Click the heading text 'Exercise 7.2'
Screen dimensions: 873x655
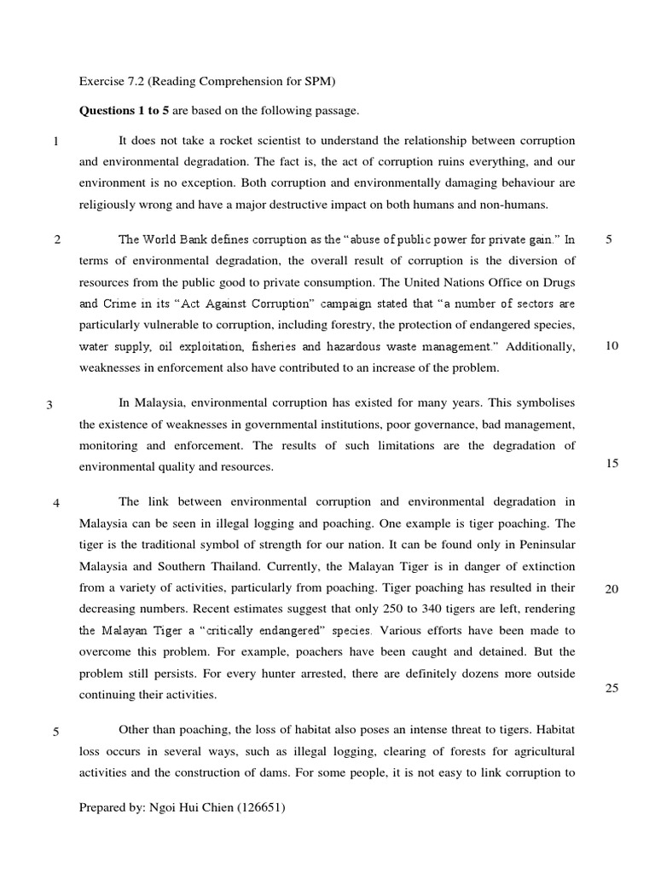(x=109, y=83)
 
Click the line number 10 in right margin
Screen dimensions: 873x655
(x=611, y=345)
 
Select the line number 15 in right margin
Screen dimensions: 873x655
(x=611, y=463)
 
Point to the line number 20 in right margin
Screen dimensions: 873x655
(x=611, y=589)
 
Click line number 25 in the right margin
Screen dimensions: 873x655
(x=611, y=688)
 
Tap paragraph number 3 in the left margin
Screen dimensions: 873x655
(x=50, y=405)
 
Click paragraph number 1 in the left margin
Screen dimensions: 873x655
(x=55, y=142)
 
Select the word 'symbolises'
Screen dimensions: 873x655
(x=543, y=402)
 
